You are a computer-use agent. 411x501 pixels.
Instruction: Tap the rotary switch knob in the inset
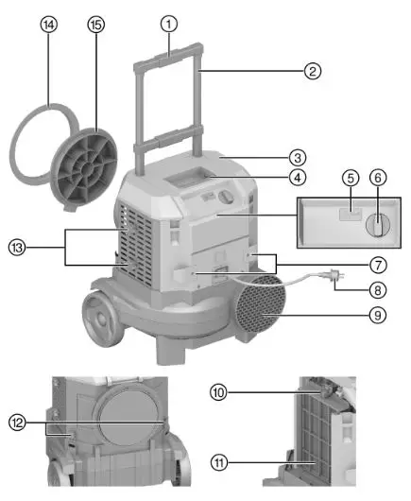click(376, 225)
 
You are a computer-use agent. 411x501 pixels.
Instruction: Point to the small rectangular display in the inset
click(346, 216)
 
